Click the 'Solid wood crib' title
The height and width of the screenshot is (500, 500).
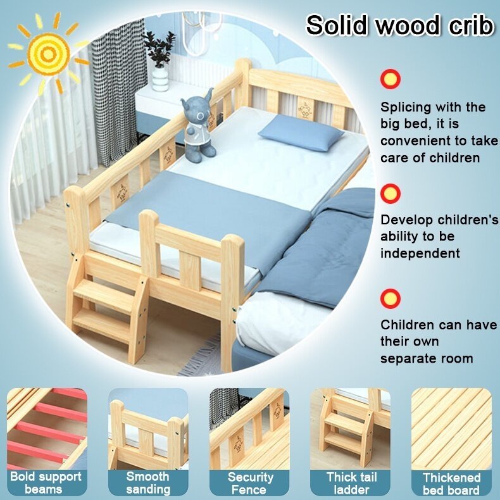(x=399, y=26)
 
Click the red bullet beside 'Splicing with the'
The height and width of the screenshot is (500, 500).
(x=391, y=78)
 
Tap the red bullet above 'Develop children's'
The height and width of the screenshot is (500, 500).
(x=391, y=193)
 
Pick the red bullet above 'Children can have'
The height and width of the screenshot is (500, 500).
(x=391, y=297)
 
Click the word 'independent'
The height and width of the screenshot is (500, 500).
(x=420, y=253)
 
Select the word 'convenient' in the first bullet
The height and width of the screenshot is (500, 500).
(x=415, y=141)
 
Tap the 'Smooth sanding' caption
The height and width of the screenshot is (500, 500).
(x=148, y=483)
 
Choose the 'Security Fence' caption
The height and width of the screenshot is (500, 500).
(x=250, y=483)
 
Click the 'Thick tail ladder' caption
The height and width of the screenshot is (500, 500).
(x=350, y=483)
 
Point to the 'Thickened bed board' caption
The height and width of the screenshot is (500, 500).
(x=451, y=484)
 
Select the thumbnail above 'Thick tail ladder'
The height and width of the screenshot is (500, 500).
(x=350, y=428)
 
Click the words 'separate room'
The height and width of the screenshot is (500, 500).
(x=427, y=358)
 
